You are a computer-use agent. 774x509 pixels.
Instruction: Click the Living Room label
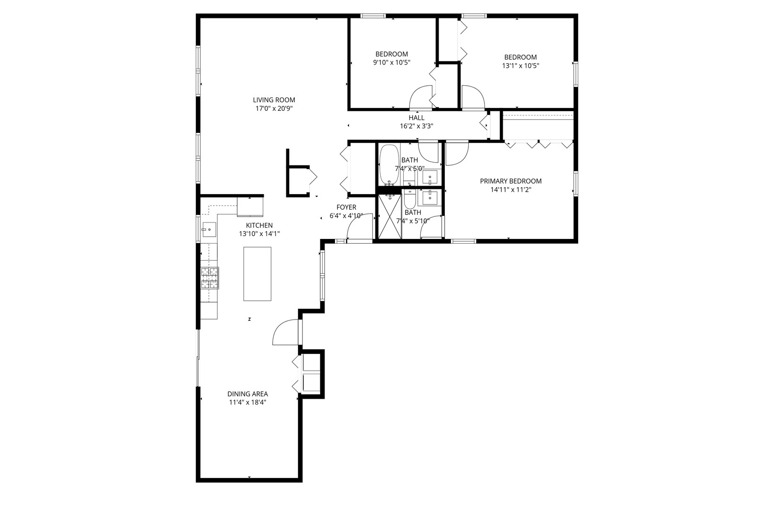pos(274,99)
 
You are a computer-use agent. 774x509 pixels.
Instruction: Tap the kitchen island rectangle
pos(257,273)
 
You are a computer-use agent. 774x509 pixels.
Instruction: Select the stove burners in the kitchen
pos(210,278)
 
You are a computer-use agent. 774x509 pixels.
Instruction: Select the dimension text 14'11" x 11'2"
pos(510,190)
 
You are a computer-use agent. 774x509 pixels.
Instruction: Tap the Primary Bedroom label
pos(510,181)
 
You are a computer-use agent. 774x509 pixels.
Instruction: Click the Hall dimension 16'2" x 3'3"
pos(416,126)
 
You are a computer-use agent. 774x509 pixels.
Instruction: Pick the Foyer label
pos(346,207)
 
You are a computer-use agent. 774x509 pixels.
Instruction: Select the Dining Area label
pos(247,394)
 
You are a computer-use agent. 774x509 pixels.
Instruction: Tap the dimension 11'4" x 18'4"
pos(247,402)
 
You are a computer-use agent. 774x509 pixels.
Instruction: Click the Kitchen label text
pos(259,225)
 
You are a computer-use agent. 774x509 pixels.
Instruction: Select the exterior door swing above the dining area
pos(286,332)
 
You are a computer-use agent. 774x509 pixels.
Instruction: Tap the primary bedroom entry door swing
pos(456,154)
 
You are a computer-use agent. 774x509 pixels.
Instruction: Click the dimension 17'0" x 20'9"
pos(274,108)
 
